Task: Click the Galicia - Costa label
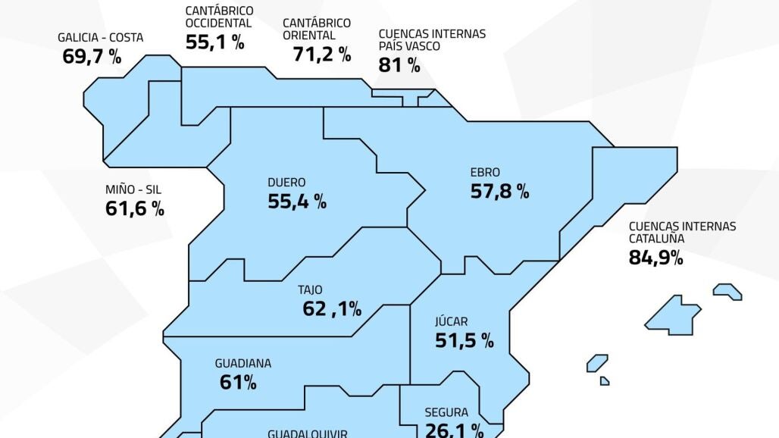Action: [x=100, y=37]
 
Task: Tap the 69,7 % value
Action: [x=91, y=56]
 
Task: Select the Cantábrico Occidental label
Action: [x=219, y=17]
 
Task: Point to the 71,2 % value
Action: [x=321, y=54]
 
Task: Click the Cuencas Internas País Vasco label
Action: [x=432, y=40]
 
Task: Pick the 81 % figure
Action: [x=399, y=65]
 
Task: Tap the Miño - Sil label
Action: [x=133, y=190]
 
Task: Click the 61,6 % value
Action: [x=134, y=209]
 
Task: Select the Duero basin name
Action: [x=286, y=183]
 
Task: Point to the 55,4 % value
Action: [x=297, y=202]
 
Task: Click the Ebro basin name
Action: [x=485, y=173]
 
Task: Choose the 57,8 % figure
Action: [x=499, y=192]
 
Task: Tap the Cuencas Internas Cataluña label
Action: [x=682, y=232]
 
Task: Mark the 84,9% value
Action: [x=655, y=258]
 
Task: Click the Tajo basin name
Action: [x=310, y=289]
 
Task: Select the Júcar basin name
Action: [x=452, y=321]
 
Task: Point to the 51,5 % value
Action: [x=464, y=341]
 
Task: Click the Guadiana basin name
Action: [x=242, y=364]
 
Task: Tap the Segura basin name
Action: [x=446, y=413]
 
